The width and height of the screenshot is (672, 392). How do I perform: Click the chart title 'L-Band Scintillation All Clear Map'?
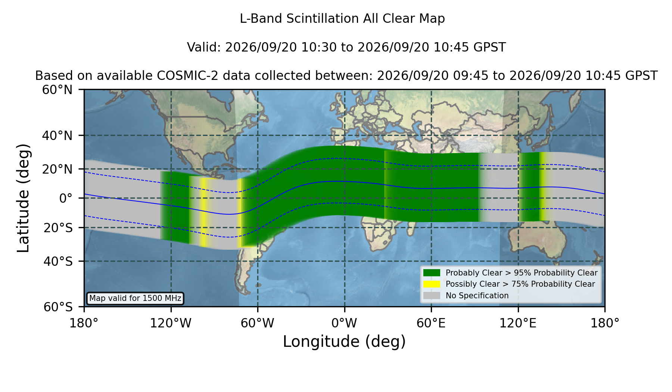click(342, 19)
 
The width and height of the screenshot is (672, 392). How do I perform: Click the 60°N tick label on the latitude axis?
click(57, 90)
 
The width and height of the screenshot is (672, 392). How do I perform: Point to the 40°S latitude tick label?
click(58, 261)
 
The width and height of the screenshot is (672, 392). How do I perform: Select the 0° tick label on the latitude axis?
click(66, 198)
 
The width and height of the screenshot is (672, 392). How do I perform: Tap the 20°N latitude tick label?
click(57, 169)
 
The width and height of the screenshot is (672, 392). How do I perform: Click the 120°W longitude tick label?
click(171, 323)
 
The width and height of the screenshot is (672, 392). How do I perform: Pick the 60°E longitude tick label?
click(431, 323)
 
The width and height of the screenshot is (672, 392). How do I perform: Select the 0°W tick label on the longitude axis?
click(345, 323)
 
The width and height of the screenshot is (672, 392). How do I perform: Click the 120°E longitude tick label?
click(518, 323)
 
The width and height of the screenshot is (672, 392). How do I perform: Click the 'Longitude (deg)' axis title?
click(344, 342)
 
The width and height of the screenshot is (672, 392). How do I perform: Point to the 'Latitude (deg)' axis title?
click(23, 198)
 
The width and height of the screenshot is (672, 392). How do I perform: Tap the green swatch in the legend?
click(432, 273)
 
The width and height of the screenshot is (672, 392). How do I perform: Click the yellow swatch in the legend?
click(432, 284)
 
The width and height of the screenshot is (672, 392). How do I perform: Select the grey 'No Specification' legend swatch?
click(432, 295)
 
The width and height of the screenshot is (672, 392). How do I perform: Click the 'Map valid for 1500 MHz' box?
click(135, 298)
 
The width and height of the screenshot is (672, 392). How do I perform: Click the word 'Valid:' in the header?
click(204, 47)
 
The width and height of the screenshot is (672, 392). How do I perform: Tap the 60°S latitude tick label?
click(58, 307)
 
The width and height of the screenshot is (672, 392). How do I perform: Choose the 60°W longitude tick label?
click(258, 323)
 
